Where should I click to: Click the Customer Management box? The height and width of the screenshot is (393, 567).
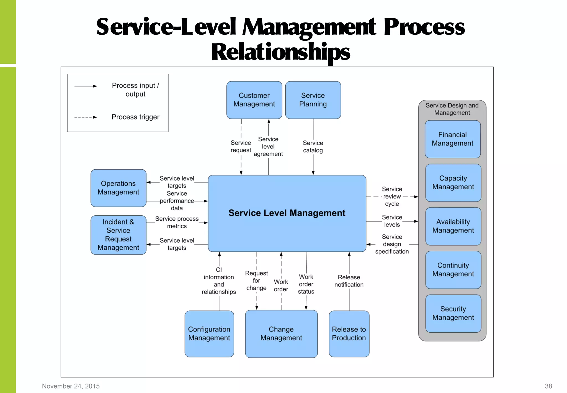coord(254,100)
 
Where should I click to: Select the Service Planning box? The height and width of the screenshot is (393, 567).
coord(313,100)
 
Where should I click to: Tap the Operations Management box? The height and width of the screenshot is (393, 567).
coord(118,188)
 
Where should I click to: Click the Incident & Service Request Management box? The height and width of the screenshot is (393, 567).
coord(118,235)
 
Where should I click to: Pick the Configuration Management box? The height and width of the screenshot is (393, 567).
coord(209,334)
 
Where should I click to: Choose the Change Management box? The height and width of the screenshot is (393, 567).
coord(281,334)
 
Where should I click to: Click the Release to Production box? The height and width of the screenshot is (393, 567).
coord(349,334)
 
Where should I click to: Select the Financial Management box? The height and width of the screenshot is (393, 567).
coord(452,139)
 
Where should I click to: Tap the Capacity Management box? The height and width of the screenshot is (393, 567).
coord(453,183)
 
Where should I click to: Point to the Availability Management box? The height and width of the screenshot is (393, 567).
coord(453,226)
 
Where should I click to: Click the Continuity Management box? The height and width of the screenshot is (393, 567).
coord(453,270)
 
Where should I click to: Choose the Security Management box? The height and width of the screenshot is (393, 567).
coord(453,313)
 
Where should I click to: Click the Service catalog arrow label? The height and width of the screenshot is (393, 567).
coord(313,147)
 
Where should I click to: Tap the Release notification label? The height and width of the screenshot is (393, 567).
coord(349,281)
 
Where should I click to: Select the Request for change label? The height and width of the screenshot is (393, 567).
coord(256,280)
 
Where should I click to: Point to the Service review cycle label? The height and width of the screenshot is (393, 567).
coord(392,196)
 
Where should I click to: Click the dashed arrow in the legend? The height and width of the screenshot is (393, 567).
coord(85,117)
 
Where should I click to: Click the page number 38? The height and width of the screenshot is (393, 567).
coord(548,386)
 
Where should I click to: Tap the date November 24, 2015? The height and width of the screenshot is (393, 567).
coord(71,386)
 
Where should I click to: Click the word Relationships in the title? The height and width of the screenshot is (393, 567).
coord(280,52)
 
